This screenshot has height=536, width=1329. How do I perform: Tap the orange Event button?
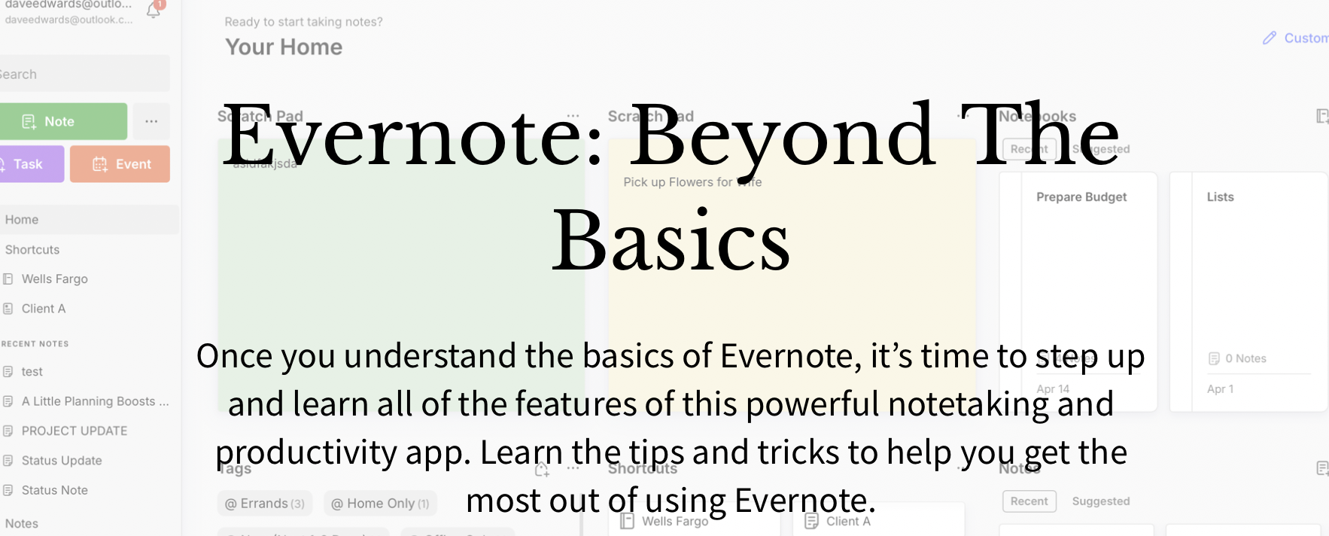pos(120,164)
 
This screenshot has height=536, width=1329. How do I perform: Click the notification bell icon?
pos(154,11)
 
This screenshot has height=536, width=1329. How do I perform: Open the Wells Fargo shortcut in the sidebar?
pos(54,279)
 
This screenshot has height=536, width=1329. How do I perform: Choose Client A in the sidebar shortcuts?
pos(43,309)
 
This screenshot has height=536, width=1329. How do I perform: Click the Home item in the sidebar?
pos(22,220)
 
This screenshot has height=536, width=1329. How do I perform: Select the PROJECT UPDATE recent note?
pos(74,431)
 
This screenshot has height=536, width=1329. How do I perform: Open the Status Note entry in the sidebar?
pos(54,490)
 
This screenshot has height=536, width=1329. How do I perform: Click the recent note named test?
pos(32,371)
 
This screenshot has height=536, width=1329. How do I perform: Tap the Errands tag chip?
pos(264,504)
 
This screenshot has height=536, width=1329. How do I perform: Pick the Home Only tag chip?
pos(380,504)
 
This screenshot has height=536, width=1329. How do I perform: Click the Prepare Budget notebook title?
pos(1081,197)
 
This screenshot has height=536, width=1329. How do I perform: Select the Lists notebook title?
pos(1220,197)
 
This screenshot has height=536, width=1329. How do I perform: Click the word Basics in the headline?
pos(671,241)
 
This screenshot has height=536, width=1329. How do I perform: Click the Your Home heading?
pos(284,47)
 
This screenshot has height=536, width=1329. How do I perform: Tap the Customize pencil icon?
pos(1270,38)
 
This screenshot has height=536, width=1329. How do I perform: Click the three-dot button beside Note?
pos(151,121)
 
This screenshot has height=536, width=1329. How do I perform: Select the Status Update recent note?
pos(61,461)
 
